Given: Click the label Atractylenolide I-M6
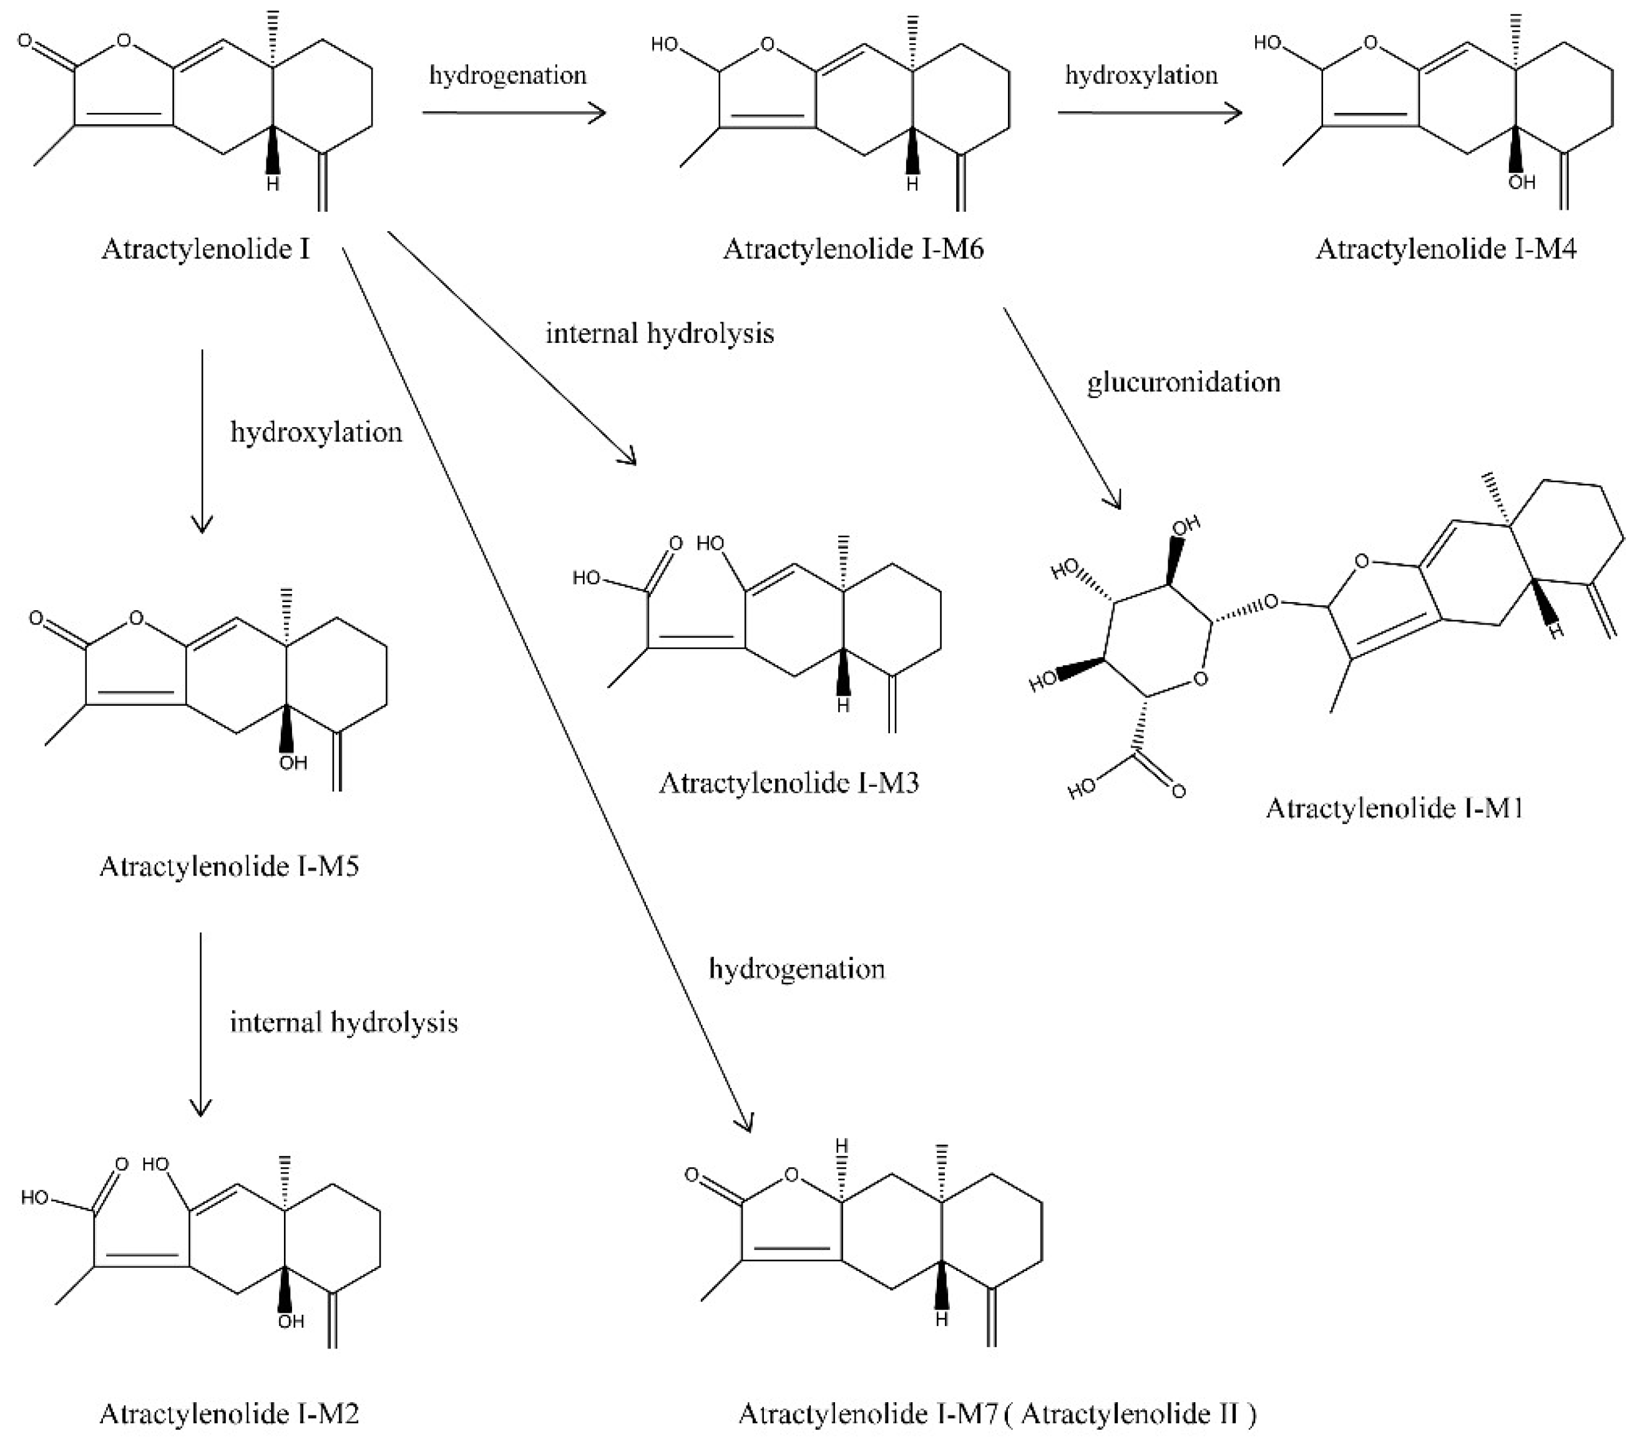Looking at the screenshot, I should point(853,249).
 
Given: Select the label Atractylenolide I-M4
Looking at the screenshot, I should point(1445,249).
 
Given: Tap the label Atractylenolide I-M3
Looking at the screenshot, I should point(788,783).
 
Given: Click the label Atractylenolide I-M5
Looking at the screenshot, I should point(229,866).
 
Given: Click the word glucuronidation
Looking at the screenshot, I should point(1183,382).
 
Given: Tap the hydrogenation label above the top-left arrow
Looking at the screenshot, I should point(508,76).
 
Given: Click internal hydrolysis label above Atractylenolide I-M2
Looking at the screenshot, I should point(344,1022).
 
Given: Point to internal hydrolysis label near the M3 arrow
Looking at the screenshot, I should point(660,334).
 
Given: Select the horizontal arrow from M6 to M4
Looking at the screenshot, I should point(1149,113).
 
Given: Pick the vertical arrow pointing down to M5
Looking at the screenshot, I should point(202,441).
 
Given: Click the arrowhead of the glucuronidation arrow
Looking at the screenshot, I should point(1115,500).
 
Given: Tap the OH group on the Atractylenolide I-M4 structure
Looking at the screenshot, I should point(1521,184).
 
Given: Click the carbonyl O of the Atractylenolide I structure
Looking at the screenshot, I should point(26,40).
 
